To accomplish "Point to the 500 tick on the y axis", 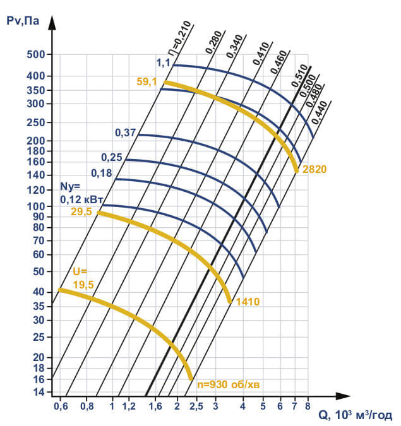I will (35, 55).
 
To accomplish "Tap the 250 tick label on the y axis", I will (35, 122).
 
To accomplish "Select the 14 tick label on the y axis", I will (39, 392).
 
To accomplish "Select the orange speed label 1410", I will (248, 302).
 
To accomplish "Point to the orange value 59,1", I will (147, 81).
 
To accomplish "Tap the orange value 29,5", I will (81, 213).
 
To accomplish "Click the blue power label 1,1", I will (164, 62).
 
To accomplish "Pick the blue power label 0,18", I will (101, 172).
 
